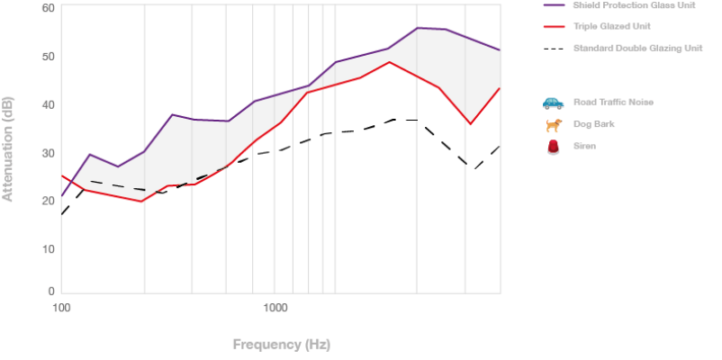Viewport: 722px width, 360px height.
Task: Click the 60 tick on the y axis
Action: (x=49, y=8)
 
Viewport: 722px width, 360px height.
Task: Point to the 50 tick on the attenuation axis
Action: (x=49, y=56)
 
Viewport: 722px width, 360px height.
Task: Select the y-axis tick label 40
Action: (x=49, y=104)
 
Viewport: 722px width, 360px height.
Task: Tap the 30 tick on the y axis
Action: (x=49, y=153)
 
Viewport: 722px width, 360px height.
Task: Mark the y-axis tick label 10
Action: (x=49, y=249)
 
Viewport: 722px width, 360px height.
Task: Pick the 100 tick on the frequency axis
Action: (x=61, y=308)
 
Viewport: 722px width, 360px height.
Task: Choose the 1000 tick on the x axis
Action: (x=275, y=308)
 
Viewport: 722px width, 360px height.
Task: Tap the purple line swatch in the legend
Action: (x=554, y=5)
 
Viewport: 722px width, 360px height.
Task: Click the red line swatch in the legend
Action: (x=554, y=26)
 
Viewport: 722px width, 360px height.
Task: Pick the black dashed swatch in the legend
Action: (x=554, y=48)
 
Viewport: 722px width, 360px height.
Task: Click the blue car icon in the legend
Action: (x=553, y=103)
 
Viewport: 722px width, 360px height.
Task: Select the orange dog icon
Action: (x=553, y=124)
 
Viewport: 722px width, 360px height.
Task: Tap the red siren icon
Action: (x=553, y=146)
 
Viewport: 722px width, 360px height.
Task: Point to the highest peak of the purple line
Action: (x=417, y=28)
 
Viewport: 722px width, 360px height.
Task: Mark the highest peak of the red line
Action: (x=389, y=62)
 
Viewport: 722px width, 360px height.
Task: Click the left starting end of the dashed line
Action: (x=61, y=214)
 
